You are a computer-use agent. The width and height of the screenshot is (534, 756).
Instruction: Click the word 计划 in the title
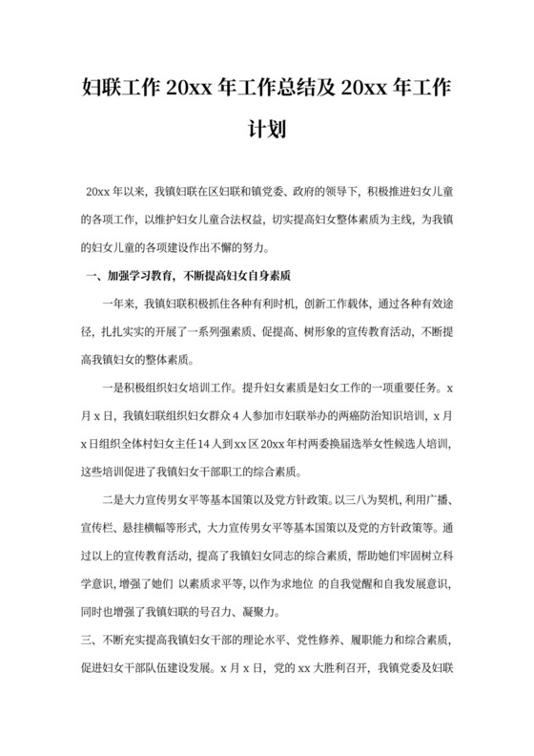[x=266, y=128]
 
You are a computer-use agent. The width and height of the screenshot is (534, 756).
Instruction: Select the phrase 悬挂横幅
[x=158, y=528]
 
